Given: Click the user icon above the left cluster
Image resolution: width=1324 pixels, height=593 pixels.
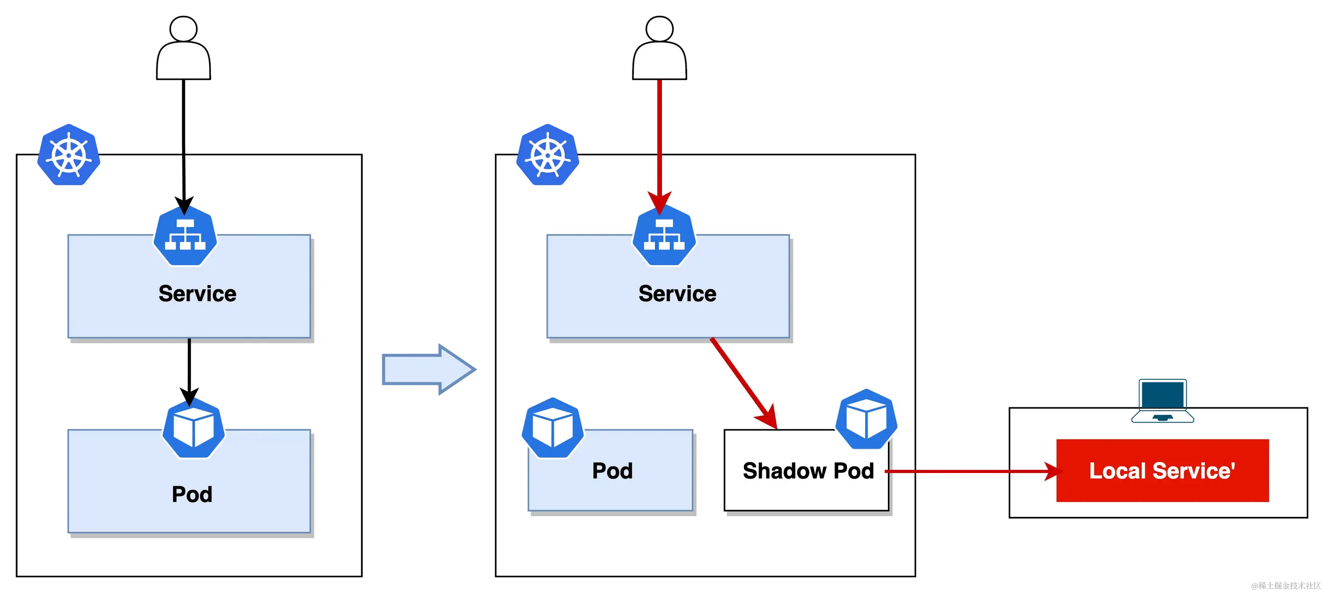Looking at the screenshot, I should [183, 49].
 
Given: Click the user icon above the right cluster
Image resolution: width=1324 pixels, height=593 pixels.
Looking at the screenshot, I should [659, 49].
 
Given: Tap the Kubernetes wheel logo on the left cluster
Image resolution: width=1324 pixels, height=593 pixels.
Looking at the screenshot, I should [69, 154].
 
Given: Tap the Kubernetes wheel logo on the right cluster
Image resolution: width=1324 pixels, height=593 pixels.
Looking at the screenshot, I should [548, 154].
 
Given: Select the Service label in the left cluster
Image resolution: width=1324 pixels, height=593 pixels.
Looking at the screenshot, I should [197, 294].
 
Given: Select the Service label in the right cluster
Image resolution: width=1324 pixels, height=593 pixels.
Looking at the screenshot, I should [677, 294].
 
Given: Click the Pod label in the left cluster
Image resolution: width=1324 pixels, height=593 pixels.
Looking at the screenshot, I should [192, 494].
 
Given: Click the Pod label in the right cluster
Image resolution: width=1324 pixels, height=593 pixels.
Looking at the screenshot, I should [612, 471].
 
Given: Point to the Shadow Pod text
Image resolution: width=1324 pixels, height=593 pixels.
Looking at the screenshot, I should [808, 471].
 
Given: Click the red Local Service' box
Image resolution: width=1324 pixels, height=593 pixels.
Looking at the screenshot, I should [1162, 471].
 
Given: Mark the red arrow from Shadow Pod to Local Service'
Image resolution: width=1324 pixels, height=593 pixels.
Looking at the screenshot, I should [966, 471].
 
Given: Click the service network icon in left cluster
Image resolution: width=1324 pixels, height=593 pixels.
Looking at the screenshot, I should [185, 236].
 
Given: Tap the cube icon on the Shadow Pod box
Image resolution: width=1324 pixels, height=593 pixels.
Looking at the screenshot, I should [866, 419].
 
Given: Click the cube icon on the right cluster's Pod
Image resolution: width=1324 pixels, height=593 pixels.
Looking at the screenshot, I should [553, 428].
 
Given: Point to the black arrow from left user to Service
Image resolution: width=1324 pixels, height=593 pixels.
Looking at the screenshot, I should [183, 180].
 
